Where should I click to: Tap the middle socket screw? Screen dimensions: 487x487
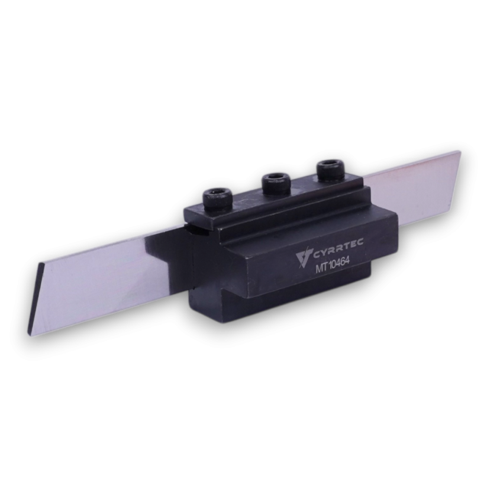click(x=276, y=183)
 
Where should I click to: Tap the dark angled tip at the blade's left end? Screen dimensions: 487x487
click(x=35, y=299)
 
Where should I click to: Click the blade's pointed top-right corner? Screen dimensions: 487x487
click(x=459, y=151)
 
